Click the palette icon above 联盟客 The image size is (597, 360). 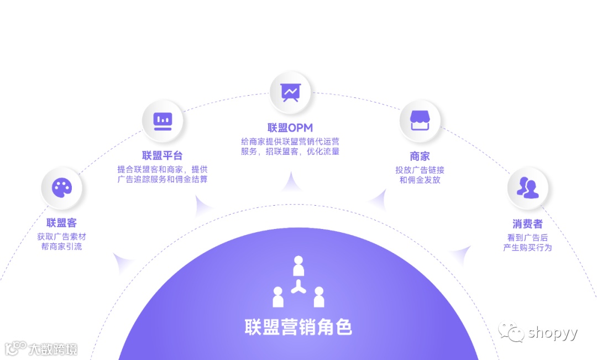click(x=62, y=188)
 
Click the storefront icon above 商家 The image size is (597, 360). click(x=420, y=121)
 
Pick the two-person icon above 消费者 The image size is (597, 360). click(x=527, y=188)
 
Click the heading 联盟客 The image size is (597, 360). click(x=62, y=223)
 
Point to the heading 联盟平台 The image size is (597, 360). click(x=162, y=155)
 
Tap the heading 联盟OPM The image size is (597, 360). click(x=290, y=128)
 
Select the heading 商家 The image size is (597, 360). click(x=420, y=156)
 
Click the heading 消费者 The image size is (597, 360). click(x=527, y=224)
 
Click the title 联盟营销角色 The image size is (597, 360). click(x=298, y=327)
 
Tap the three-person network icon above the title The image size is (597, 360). click(x=298, y=282)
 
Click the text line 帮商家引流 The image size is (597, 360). click(x=62, y=247)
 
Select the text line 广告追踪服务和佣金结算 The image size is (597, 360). click(x=162, y=179)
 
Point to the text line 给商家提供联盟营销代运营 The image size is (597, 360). click(x=290, y=141)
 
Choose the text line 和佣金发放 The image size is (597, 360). click(x=420, y=180)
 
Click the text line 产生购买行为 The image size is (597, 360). click(x=527, y=248)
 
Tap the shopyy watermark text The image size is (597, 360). click(x=552, y=333)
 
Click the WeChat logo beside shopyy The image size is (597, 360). click(x=511, y=332)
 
